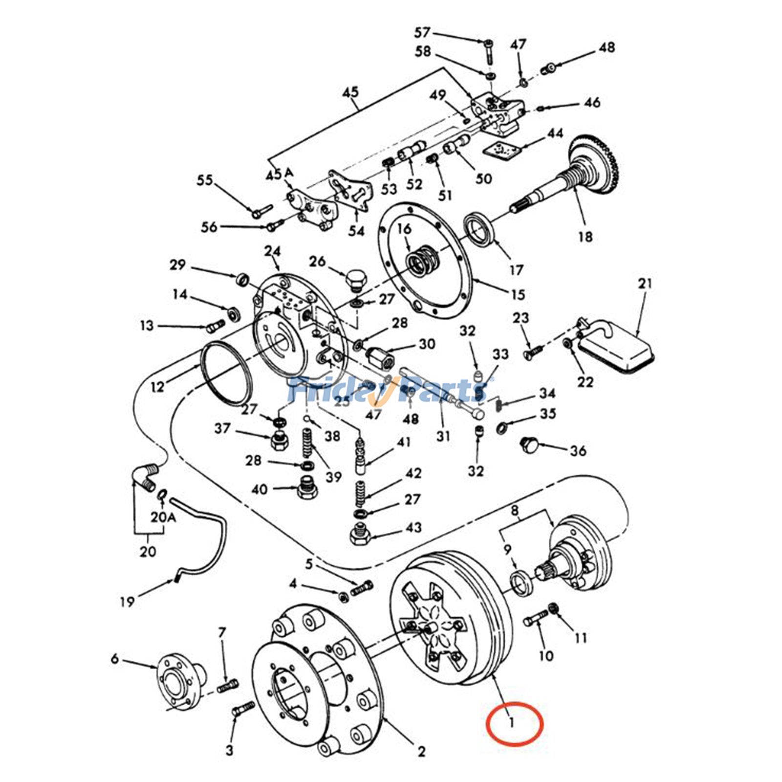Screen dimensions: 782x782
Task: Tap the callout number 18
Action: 585,237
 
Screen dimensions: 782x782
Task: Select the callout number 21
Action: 645,283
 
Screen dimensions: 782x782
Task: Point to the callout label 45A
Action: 280,174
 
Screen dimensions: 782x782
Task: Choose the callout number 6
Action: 114,659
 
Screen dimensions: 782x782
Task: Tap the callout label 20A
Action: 163,517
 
